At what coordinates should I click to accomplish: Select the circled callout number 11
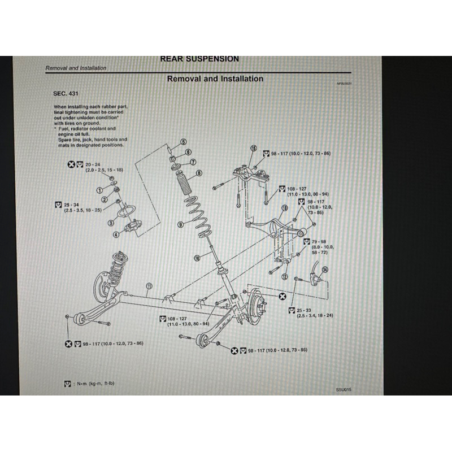[x=149, y=286]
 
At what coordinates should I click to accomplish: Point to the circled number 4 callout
[x=116, y=234]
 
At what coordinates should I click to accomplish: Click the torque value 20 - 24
[x=93, y=164]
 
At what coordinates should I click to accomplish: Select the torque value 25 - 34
[x=72, y=204]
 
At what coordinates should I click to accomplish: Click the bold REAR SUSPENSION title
[x=199, y=59]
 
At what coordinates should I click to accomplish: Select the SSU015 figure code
[x=343, y=389]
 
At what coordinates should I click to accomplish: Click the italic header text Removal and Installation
[x=76, y=68]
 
